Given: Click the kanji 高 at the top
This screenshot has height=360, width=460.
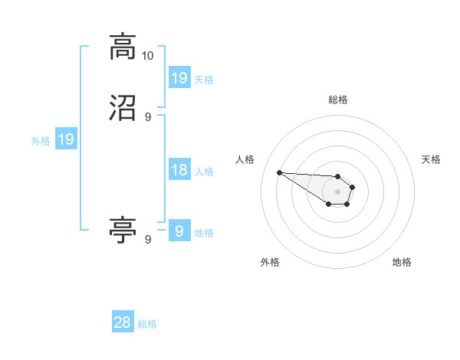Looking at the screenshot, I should tap(123, 47).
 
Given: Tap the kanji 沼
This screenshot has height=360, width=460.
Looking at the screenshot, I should tap(123, 109).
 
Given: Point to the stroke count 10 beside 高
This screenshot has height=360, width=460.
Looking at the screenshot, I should tap(148, 56).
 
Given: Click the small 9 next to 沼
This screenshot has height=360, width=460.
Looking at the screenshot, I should tap(148, 116).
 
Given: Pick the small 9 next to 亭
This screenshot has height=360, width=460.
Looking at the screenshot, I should tap(148, 239).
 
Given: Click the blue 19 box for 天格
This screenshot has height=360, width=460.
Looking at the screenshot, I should tap(179, 77).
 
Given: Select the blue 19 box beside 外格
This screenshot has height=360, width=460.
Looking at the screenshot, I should tap(66, 139).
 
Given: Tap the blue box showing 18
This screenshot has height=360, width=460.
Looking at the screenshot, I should tap(179, 170).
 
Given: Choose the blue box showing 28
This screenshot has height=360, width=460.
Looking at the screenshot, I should tap(123, 323).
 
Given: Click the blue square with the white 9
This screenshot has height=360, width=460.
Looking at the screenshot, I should tap(179, 231).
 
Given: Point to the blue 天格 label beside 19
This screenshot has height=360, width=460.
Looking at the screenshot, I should tap(204, 79).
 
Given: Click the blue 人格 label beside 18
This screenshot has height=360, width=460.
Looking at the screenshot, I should tap(204, 171).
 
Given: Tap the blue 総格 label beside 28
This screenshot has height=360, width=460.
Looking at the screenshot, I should tap(147, 324).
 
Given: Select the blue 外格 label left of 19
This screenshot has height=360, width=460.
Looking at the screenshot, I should tap(41, 140).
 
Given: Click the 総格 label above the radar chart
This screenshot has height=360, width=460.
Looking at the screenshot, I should tap(338, 100).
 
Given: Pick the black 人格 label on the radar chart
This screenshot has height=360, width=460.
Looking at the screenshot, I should tap(245, 159).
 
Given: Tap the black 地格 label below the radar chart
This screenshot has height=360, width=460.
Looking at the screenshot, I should tap(402, 263).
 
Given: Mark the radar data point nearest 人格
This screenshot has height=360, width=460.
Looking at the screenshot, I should tap(279, 172).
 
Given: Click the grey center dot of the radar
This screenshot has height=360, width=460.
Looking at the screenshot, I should tap(337, 191).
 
